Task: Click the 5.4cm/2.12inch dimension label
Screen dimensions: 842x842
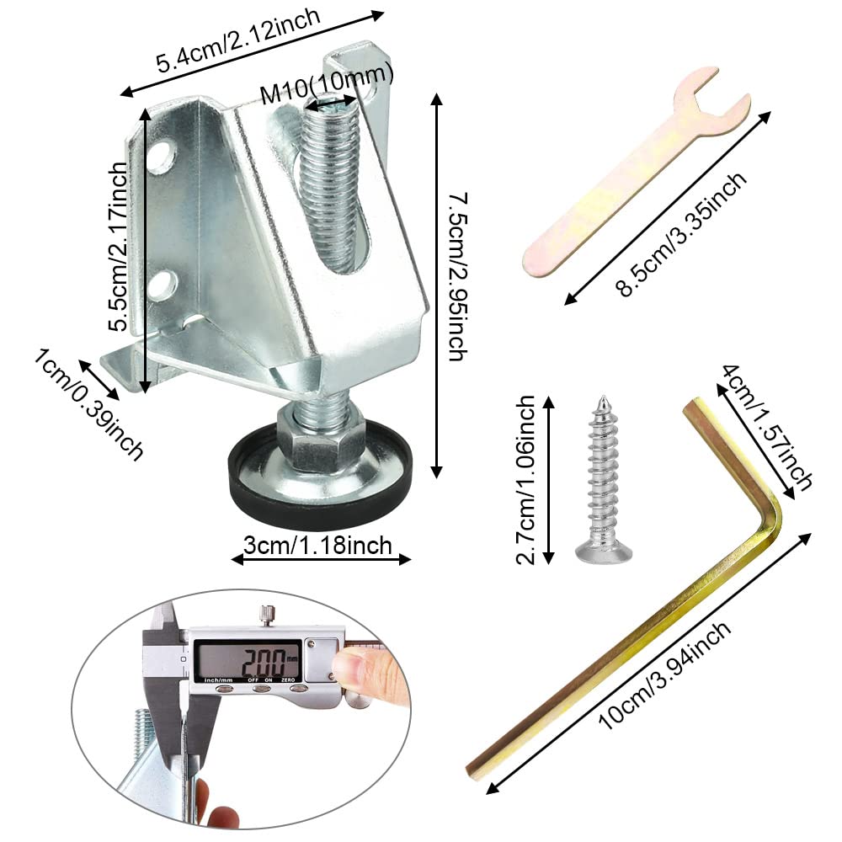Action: click(238, 40)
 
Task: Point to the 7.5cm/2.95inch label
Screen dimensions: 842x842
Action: click(457, 276)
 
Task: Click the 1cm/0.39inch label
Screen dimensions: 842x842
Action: click(89, 403)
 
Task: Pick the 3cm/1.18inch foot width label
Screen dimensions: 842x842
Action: click(318, 545)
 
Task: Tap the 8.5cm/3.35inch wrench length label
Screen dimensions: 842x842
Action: click(681, 235)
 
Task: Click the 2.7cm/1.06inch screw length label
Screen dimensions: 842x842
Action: click(525, 480)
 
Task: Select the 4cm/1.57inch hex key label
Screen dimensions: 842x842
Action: click(767, 427)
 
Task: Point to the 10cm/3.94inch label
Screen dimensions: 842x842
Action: click(665, 675)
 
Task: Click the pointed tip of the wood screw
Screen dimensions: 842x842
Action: click(603, 398)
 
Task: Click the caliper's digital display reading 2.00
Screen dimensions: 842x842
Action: click(247, 662)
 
